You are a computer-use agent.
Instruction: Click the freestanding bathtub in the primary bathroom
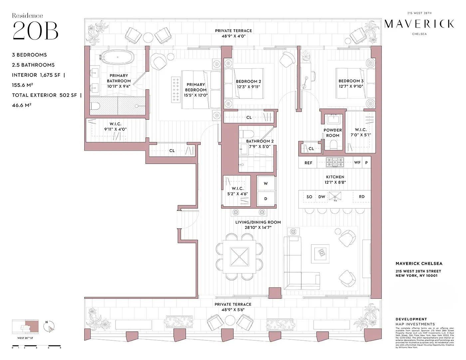[x=117, y=57]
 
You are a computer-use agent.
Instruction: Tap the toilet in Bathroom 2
[x=246, y=134]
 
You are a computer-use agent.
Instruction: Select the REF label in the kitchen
[x=308, y=163]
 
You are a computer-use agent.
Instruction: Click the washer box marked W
[x=266, y=184]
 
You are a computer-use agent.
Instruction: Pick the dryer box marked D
[x=266, y=199]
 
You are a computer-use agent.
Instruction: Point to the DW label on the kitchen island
[x=322, y=197]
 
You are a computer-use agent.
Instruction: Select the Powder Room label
[x=333, y=133]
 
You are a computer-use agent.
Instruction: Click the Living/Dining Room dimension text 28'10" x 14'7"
[x=258, y=228]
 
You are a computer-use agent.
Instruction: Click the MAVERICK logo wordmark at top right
[x=419, y=24]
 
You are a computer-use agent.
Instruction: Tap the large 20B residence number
[x=35, y=31]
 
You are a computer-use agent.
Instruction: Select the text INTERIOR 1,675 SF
[x=36, y=75]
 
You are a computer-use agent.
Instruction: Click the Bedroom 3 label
[x=351, y=81]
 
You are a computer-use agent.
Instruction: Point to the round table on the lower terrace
[x=230, y=320]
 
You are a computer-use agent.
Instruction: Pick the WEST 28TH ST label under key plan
[x=25, y=338]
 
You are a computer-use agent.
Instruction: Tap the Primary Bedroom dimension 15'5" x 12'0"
[x=196, y=95]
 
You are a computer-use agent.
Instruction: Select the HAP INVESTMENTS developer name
[x=415, y=324]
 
